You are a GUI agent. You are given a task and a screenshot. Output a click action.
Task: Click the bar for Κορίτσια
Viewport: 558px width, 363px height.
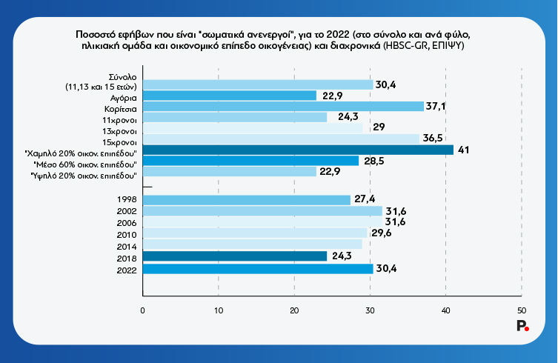[x=282, y=106]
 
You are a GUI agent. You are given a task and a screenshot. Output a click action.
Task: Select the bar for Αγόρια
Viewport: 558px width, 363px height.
[x=229, y=95]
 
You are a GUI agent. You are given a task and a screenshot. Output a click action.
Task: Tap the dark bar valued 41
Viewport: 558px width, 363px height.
[x=297, y=150]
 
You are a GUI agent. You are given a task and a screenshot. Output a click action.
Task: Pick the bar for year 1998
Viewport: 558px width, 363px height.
[x=246, y=200]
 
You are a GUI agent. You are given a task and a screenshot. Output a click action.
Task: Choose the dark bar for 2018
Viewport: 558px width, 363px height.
[x=234, y=256]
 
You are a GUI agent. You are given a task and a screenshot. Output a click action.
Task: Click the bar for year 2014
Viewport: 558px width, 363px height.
[x=252, y=244]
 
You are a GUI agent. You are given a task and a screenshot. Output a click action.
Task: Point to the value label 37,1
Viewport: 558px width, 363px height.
[x=437, y=107]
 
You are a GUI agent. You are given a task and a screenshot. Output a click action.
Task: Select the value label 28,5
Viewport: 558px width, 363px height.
[x=372, y=161]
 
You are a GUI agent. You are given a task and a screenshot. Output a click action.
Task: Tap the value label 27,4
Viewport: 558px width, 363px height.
[x=364, y=200]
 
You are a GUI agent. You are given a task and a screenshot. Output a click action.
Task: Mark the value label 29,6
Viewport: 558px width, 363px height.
[x=380, y=233]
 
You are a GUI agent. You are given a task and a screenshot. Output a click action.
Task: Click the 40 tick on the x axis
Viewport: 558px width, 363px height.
[x=445, y=310]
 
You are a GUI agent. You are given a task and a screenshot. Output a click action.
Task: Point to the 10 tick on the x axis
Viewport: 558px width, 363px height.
[x=218, y=310]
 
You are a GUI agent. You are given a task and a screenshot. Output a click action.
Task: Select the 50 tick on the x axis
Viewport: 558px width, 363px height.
[x=522, y=310]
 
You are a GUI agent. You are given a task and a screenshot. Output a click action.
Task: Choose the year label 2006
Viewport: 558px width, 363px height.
[x=127, y=222]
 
